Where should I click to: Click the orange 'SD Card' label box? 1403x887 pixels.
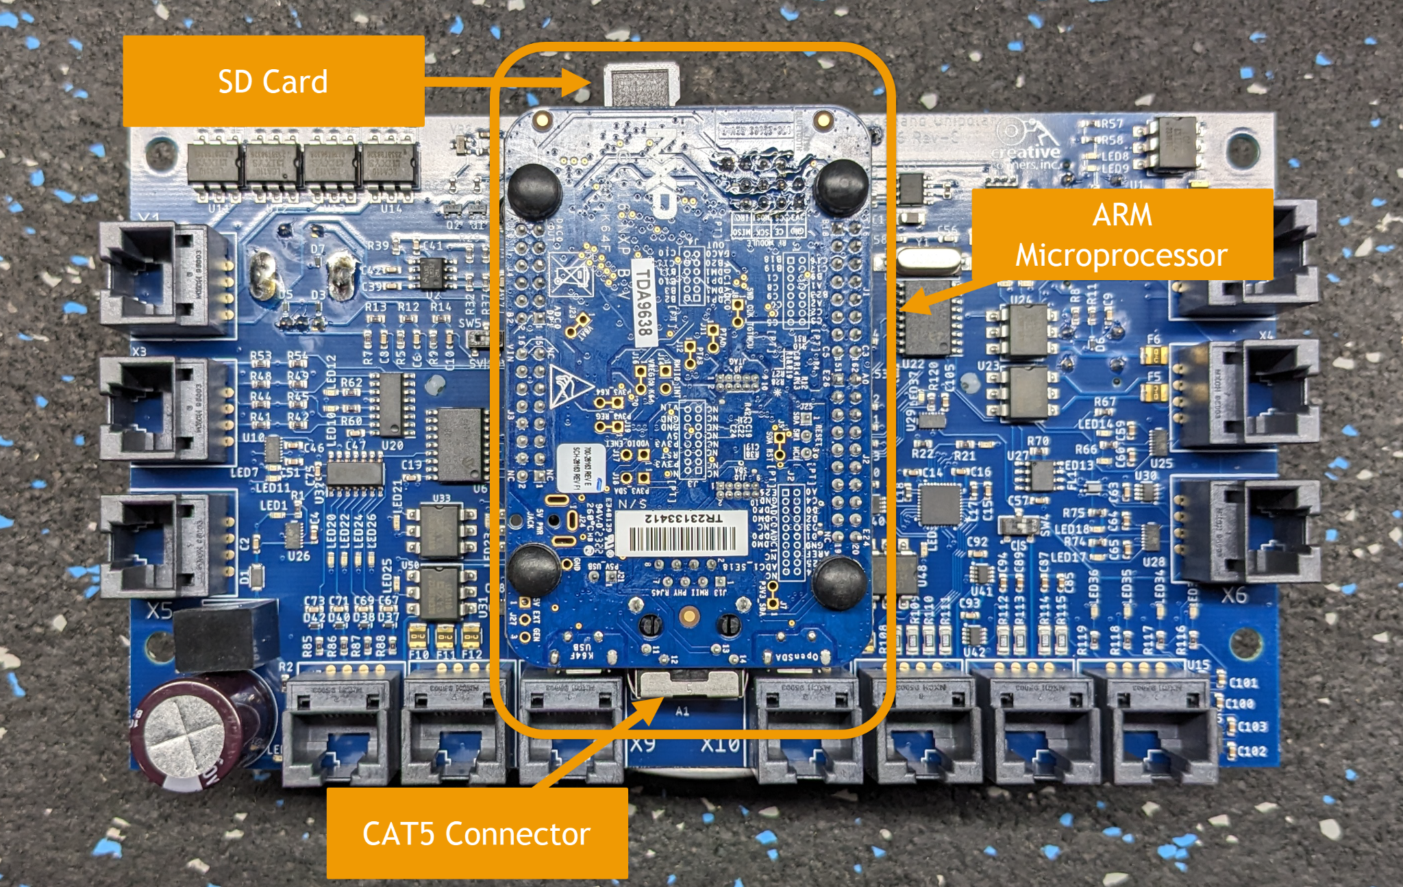[273, 81]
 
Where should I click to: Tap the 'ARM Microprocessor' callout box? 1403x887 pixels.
[1121, 234]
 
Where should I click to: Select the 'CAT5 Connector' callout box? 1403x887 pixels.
[477, 833]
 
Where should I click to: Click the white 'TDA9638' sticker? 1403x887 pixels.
[643, 301]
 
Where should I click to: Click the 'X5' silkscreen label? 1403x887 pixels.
[159, 610]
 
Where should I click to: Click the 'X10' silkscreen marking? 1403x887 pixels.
[720, 745]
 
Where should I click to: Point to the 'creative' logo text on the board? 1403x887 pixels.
[1026, 152]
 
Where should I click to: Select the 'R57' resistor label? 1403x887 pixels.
[1112, 124]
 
